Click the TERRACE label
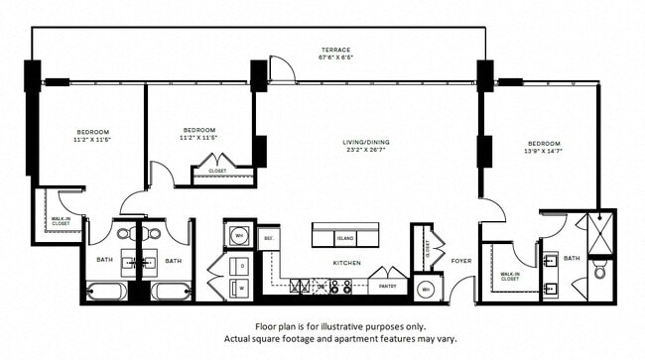pos(334,50)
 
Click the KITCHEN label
pos(346,263)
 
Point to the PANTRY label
pos(388,287)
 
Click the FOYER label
pos(462,263)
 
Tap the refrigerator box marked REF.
pos(268,239)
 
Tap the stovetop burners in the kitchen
pos(339,287)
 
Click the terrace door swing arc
pos(283,69)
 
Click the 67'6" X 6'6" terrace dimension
pos(335,58)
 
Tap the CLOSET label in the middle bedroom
pos(217,171)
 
